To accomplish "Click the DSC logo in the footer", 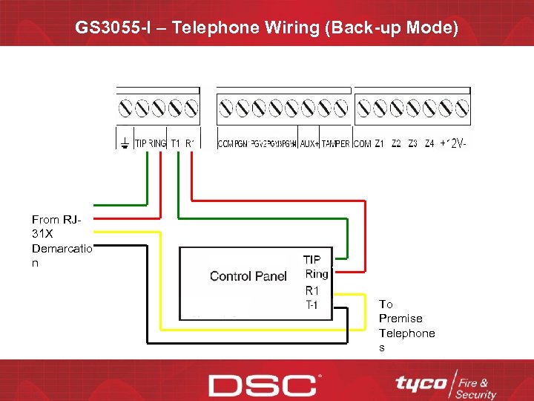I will tap(263, 385).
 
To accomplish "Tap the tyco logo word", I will tap(421, 383).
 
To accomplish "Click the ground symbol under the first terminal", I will tap(125, 143).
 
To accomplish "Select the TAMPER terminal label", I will tap(336, 143).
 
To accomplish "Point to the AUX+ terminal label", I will tap(309, 143).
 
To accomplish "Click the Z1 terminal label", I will tap(379, 143).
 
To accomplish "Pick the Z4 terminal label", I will tap(429, 143).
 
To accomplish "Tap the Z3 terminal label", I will tap(412, 143).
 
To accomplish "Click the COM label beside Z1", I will tap(362, 143).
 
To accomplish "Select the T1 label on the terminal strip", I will tap(175, 143).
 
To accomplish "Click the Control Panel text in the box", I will tap(248, 276).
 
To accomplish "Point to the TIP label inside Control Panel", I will tap(312, 260).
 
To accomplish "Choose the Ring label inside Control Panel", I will tap(316, 274).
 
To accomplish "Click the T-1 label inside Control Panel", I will tap(312, 305).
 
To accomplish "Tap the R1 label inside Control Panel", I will tap(312, 290).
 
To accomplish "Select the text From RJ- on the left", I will tap(56, 220).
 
